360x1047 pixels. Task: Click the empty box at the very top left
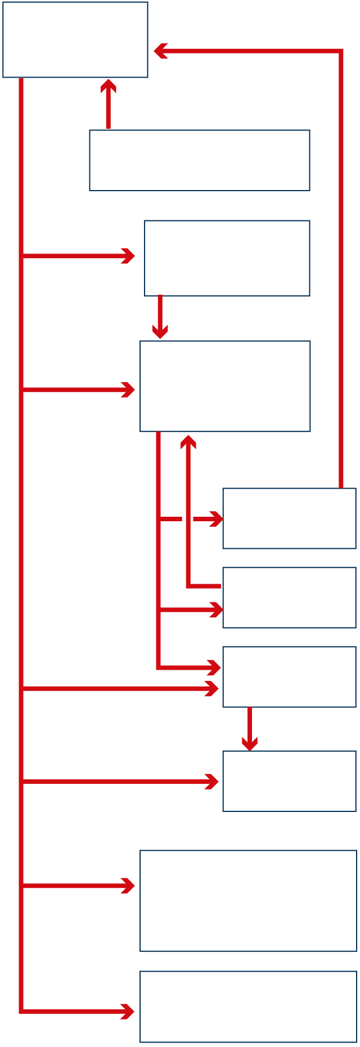click(75, 39)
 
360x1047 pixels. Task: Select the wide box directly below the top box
click(199, 160)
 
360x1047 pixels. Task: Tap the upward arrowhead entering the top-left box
click(109, 85)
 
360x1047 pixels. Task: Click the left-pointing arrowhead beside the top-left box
click(160, 51)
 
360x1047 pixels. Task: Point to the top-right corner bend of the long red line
click(340, 51)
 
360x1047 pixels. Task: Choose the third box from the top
click(227, 258)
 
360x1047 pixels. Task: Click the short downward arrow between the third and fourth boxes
click(160, 318)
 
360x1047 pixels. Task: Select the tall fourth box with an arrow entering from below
click(224, 386)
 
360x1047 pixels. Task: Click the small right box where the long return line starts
click(289, 518)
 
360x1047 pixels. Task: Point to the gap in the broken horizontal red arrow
click(187, 518)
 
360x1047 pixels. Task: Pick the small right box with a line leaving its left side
click(289, 597)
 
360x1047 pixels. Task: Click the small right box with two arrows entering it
click(289, 676)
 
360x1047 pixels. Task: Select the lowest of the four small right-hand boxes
click(289, 781)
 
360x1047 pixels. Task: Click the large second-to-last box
click(248, 901)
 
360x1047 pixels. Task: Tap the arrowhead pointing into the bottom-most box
click(128, 1012)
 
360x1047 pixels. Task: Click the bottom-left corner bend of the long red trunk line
click(21, 1012)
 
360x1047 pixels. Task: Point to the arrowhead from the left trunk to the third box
click(129, 256)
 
